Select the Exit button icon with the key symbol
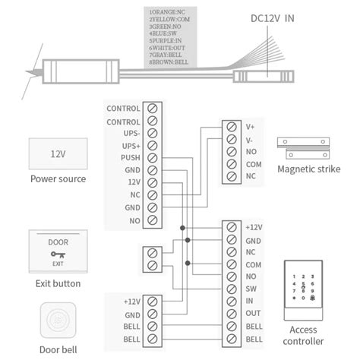(58, 251)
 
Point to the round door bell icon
(58, 323)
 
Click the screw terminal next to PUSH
(152, 158)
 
